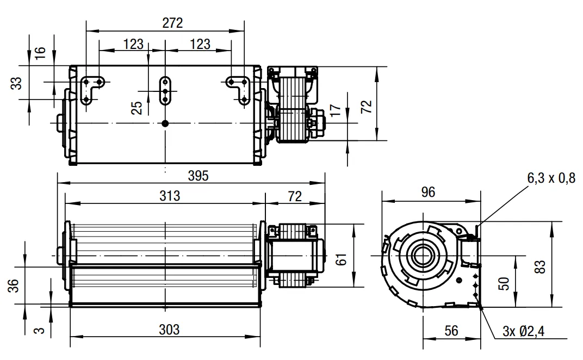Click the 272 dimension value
172,23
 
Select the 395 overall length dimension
198,176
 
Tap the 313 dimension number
170,196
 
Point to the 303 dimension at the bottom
169,330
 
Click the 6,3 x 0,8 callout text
551,178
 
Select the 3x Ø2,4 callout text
523,331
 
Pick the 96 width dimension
428,193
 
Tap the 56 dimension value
451,331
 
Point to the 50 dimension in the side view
504,284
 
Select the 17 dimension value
336,110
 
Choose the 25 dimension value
137,108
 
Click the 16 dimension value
40,53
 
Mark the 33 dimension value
16,83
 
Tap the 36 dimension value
14,285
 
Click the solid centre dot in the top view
165,123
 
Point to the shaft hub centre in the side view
423,256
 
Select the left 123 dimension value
133,44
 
